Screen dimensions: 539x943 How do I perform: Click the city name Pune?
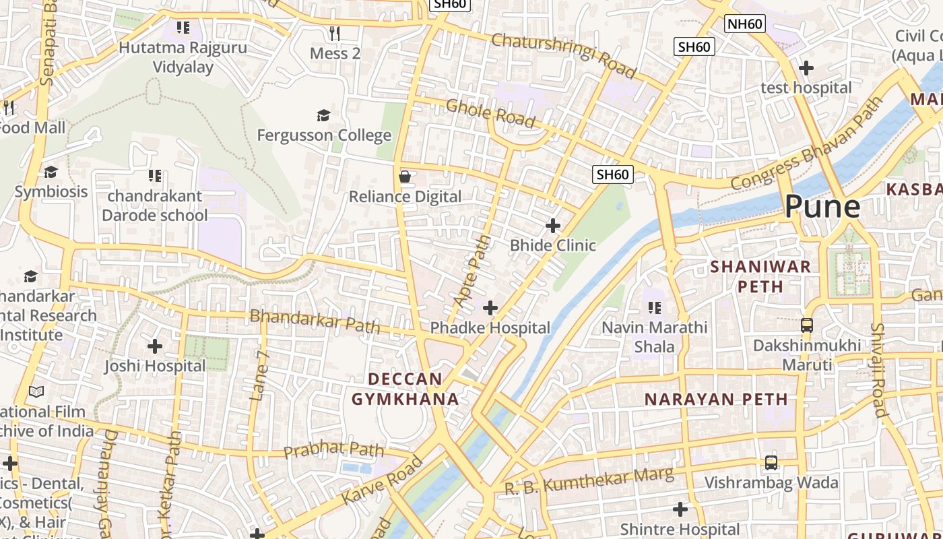[x=822, y=206]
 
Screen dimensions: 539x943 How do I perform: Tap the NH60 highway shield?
[x=746, y=24]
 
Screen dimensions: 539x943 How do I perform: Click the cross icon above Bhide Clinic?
[x=553, y=225]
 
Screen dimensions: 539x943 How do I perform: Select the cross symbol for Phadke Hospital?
[x=490, y=308]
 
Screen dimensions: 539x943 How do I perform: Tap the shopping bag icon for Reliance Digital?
[x=405, y=177]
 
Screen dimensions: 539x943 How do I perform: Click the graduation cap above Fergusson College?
[x=323, y=115]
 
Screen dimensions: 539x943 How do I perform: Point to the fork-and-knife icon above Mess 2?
[x=335, y=33]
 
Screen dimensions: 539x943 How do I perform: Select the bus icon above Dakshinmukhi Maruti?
[x=806, y=325]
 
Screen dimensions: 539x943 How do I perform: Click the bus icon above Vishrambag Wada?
[x=771, y=463]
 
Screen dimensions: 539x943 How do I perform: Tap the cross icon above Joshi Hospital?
[x=155, y=346]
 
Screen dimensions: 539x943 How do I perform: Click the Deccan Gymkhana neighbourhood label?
[x=405, y=389]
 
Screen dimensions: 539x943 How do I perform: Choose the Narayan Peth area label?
[x=716, y=399]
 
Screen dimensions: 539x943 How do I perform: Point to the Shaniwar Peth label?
[x=760, y=276]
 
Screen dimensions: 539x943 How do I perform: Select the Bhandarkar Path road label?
[x=315, y=321]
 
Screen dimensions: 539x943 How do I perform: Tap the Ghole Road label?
[x=490, y=113]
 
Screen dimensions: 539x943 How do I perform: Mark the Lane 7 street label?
[x=259, y=375]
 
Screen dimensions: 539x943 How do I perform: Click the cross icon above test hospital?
[x=806, y=68]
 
